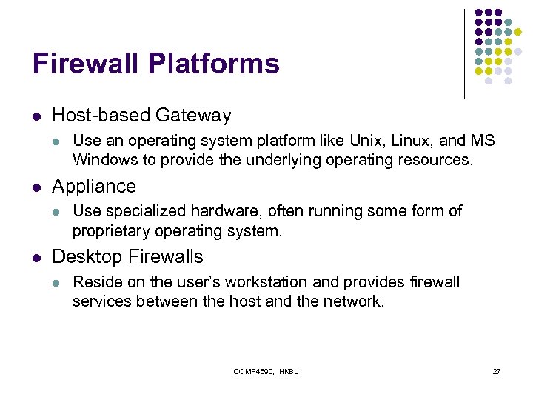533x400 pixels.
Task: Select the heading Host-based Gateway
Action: click(x=141, y=116)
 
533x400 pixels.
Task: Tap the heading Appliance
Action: click(x=94, y=186)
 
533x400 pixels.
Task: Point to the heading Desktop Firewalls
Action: click(x=127, y=257)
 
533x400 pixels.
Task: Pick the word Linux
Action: click(x=389, y=141)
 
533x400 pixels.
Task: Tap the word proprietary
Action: click(x=111, y=230)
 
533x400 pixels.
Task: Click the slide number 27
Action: click(x=497, y=370)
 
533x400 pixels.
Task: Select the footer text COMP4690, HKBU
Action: click(x=266, y=370)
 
